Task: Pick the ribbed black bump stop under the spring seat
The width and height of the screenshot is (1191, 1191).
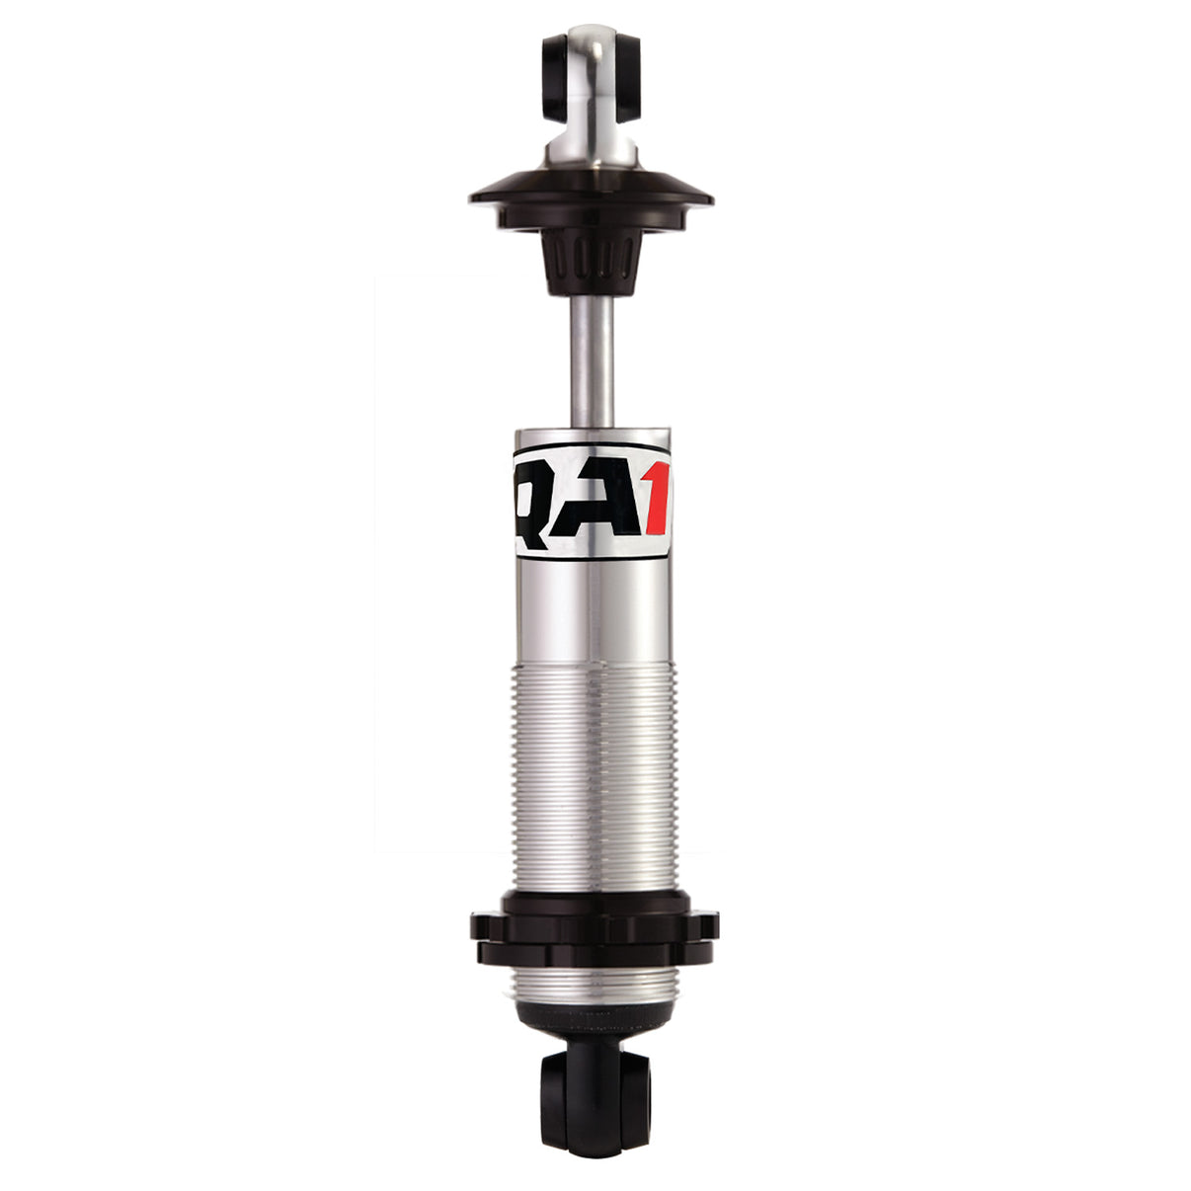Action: click(x=591, y=259)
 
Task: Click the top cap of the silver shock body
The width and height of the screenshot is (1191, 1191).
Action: click(x=592, y=437)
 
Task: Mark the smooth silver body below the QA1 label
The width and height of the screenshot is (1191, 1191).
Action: click(x=592, y=612)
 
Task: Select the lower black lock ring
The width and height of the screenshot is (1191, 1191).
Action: click(x=593, y=953)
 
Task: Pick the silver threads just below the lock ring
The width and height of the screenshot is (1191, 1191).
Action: click(x=592, y=984)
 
